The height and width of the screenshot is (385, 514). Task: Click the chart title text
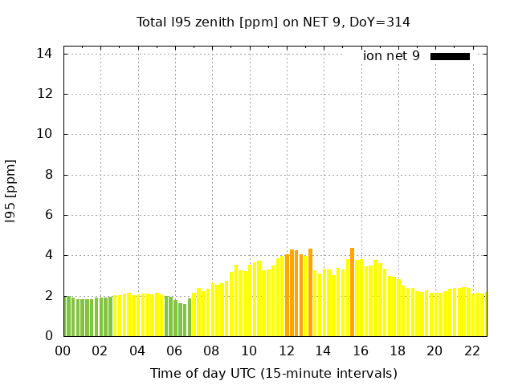pos(273,22)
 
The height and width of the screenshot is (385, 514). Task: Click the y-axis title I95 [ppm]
pos(11,191)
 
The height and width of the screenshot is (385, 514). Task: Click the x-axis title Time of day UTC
pos(273,373)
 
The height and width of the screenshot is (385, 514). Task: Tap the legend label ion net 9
pos(391,56)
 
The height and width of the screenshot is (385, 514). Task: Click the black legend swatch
pos(450,56)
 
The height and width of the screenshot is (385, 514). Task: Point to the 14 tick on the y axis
pos(45,54)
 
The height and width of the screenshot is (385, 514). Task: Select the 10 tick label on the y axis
pos(45,135)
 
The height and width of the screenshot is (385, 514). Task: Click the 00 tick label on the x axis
pos(63,351)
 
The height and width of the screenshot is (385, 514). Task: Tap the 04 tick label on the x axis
pos(137,351)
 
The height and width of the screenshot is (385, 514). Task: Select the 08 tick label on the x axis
pos(211,351)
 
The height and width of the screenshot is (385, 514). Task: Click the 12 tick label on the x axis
pos(286,351)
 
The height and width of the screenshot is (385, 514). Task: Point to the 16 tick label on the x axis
pos(361,351)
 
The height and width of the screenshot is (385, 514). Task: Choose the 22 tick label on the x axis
pos(472,351)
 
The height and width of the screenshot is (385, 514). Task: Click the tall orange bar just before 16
pos(352,293)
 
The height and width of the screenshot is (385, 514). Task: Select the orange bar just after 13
pos(310,293)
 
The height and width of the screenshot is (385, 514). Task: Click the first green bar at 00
pos(66,317)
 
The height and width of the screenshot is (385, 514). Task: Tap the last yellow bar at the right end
pos(484,315)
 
